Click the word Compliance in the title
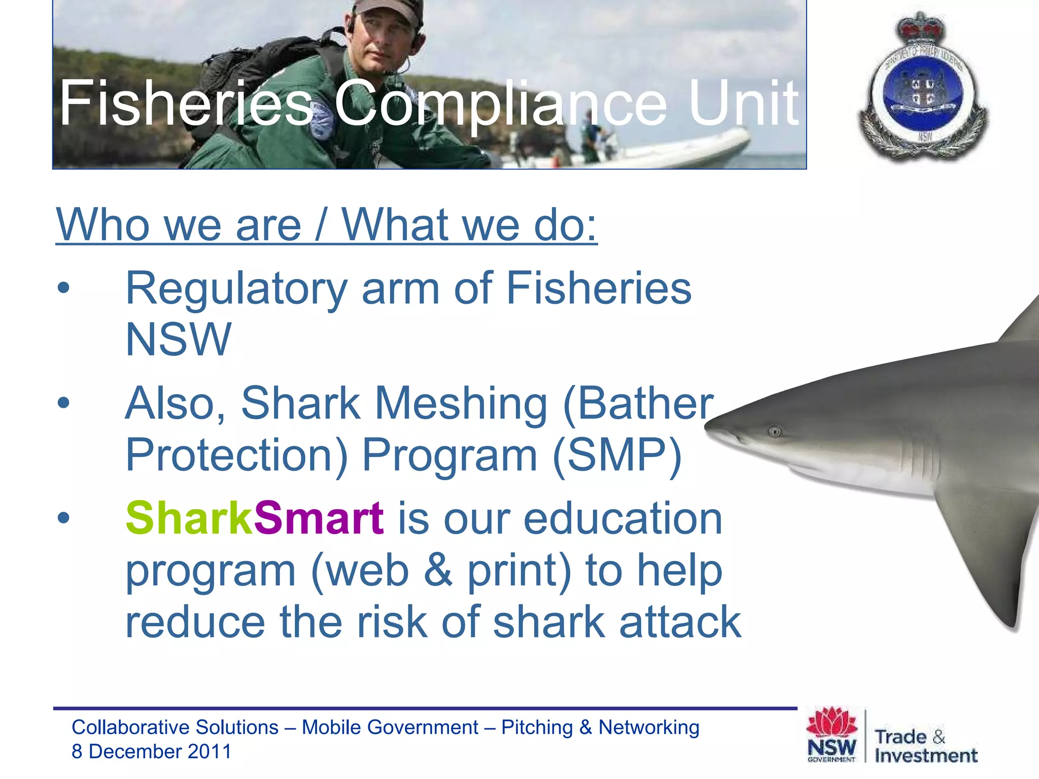(499, 104)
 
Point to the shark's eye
(775, 432)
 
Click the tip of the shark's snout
(708, 427)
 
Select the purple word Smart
(318, 518)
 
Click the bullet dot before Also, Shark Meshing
(63, 403)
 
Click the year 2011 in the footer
(209, 752)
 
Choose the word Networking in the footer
(649, 727)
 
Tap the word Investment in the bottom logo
(926, 756)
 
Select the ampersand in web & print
(437, 570)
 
